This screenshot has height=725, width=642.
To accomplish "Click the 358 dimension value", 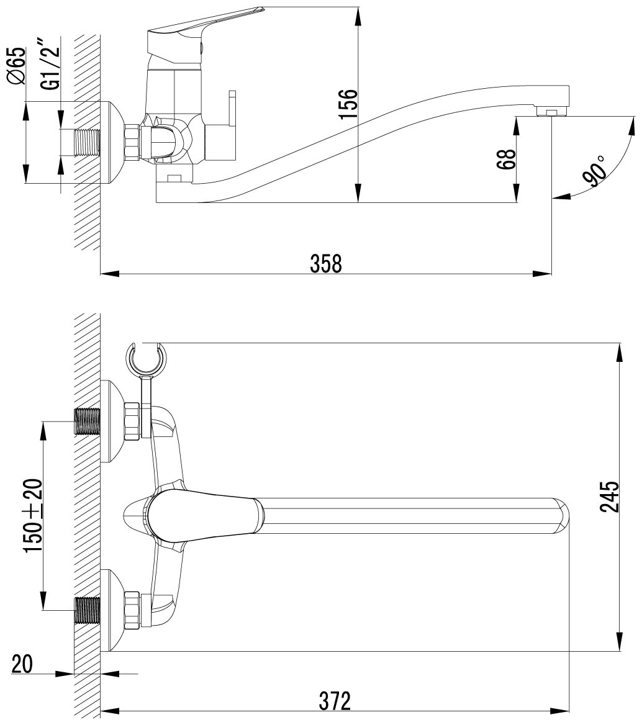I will [x=326, y=263].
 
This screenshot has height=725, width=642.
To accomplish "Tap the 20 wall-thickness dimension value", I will [x=22, y=664].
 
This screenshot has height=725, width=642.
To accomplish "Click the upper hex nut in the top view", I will [x=131, y=421].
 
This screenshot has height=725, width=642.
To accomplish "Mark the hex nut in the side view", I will [x=131, y=142].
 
